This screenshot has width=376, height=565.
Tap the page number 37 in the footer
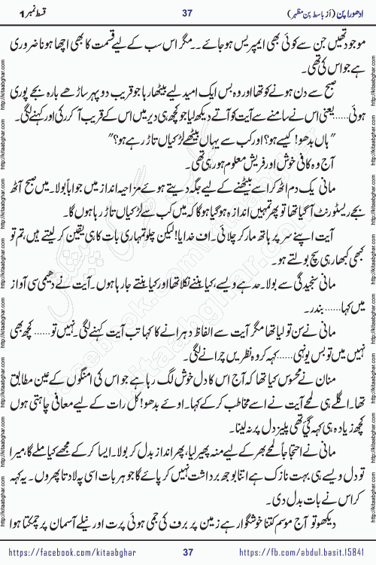point(189,552)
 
